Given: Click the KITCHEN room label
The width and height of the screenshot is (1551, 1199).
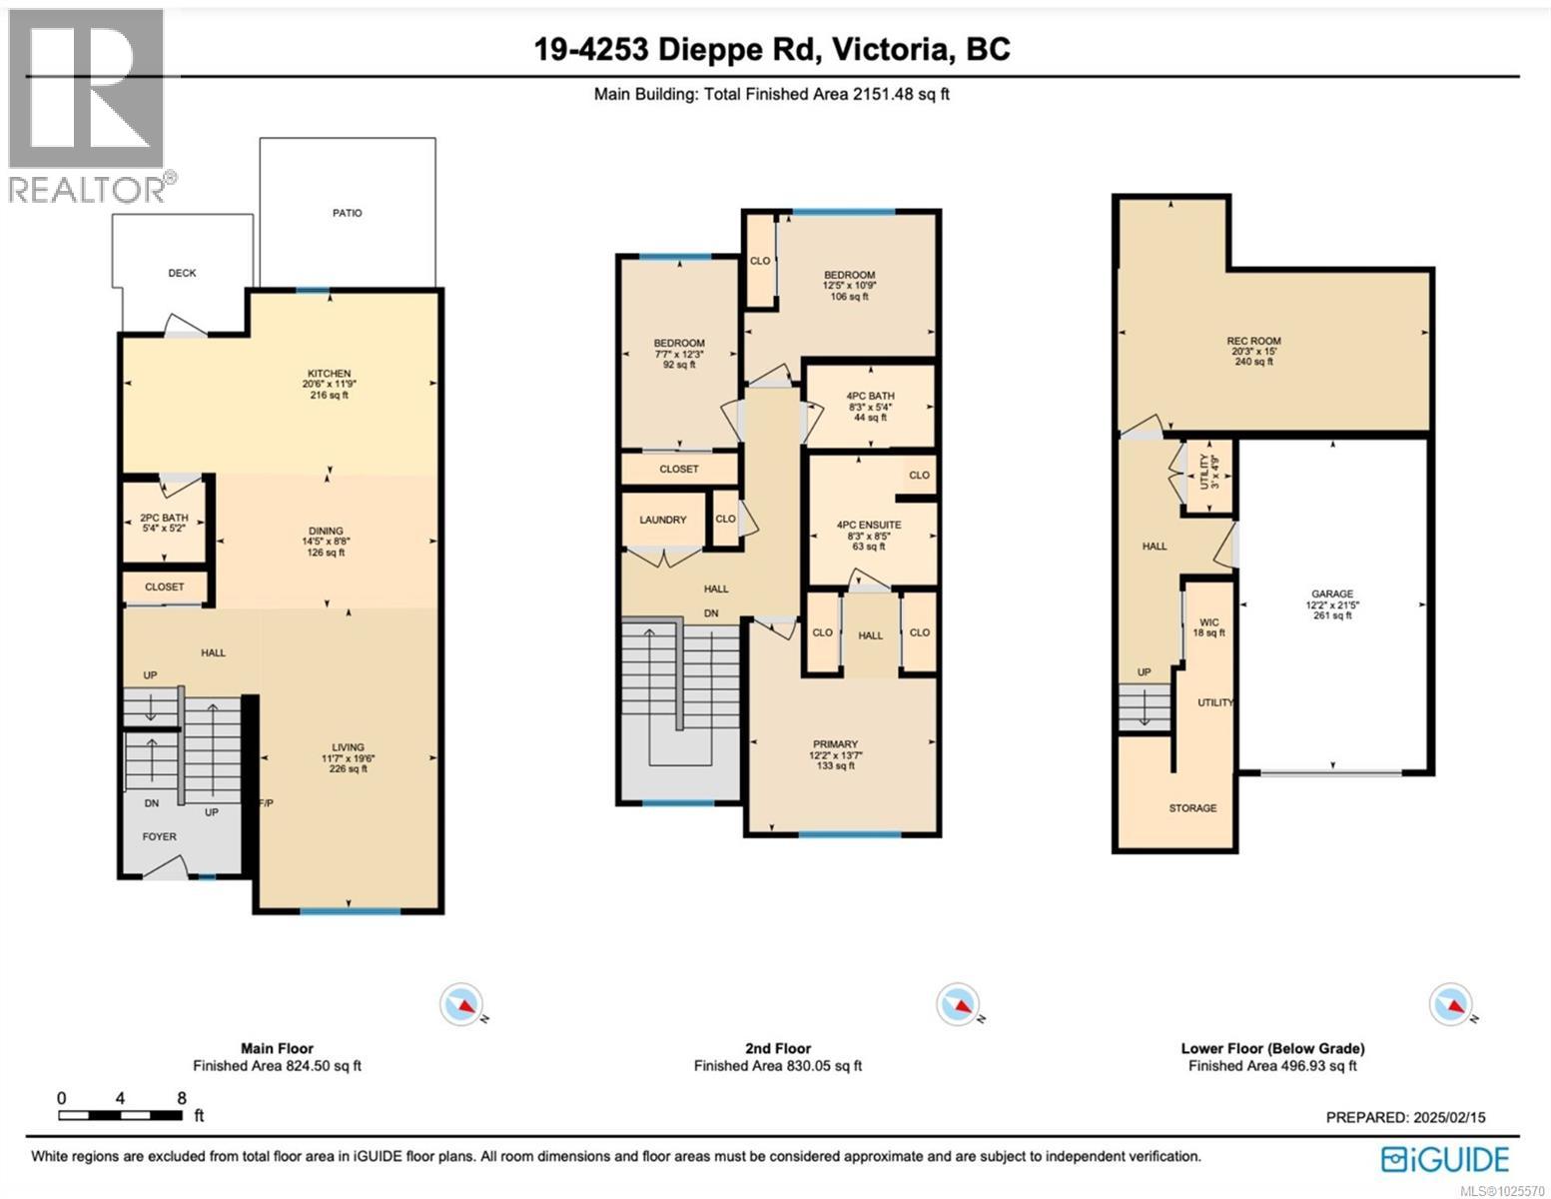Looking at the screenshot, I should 328,374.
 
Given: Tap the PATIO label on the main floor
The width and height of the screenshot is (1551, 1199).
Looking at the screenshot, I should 348,213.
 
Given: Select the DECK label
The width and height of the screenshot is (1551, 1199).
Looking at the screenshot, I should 182,273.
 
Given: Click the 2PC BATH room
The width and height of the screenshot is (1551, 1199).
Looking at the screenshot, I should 164,519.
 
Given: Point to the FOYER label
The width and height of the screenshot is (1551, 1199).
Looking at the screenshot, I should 159,836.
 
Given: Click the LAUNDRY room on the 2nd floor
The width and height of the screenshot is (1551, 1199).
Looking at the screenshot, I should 662,520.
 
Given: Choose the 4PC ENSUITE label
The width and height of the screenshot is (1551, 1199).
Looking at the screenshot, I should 868,525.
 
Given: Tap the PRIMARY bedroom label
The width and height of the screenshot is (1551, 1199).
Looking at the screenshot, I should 835,744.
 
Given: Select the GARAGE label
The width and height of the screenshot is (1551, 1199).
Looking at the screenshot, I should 1331,594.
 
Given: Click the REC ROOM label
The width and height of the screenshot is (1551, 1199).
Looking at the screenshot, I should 1254,341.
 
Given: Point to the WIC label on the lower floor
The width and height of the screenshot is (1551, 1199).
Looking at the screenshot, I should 1208,622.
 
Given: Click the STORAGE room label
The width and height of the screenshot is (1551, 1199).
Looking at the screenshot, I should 1192,807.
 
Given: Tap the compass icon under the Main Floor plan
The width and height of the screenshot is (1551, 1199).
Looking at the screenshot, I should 461,1004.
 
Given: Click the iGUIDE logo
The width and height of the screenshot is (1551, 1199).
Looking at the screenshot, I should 1444,1159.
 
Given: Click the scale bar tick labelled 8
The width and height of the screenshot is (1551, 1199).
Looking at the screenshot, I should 181,1098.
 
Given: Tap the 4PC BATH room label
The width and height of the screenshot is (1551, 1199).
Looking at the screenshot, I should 868,396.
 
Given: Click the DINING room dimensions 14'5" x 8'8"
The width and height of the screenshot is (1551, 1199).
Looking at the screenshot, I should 326,542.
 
